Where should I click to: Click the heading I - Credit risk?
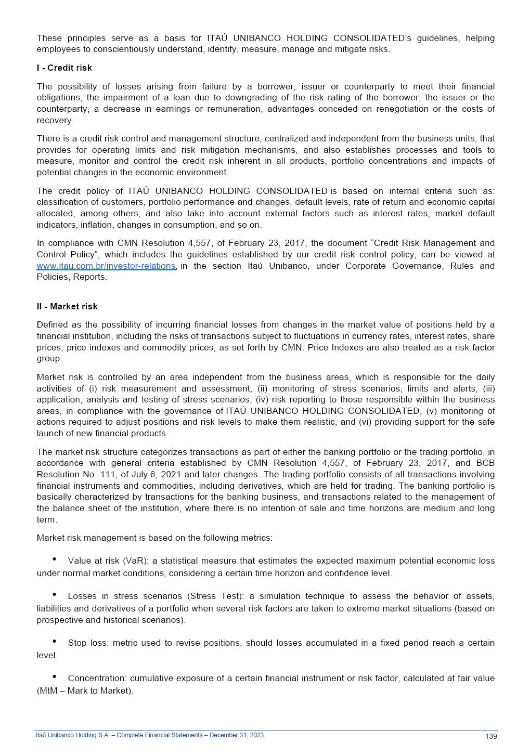64,68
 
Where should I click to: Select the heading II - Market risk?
67,307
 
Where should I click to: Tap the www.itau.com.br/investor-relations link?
106,266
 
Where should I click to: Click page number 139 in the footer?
490,737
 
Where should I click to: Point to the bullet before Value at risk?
55,559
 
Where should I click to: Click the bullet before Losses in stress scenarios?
55,595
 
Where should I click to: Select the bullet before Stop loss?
55,642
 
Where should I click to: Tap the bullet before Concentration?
55,677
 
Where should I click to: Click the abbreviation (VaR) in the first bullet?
135,561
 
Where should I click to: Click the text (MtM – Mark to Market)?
85,691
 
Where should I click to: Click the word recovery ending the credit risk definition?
55,121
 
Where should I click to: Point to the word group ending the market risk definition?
49,359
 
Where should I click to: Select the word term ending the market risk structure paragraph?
46,520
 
